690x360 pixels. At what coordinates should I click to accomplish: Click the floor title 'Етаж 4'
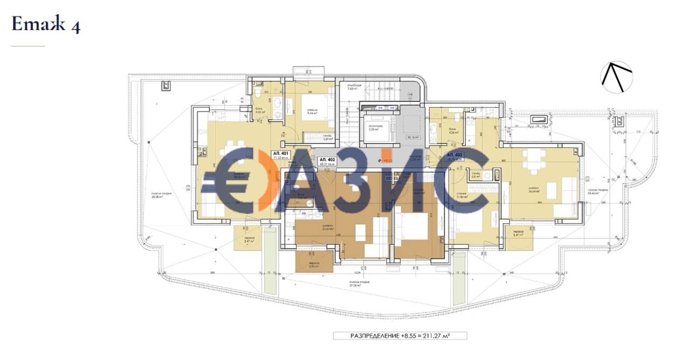pyautogui.click(x=46, y=24)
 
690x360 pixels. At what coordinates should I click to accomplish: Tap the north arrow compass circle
pyautogui.click(x=617, y=77)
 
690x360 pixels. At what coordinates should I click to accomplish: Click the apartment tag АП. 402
pyautogui.click(x=327, y=160)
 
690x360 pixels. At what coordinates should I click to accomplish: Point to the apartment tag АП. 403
pyautogui.click(x=454, y=155)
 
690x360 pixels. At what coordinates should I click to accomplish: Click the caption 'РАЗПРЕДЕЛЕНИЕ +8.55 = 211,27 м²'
pyautogui.click(x=399, y=336)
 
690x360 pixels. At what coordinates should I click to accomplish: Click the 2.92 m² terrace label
pyautogui.click(x=315, y=265)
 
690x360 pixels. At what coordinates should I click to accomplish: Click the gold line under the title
pyautogui.click(x=27, y=46)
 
